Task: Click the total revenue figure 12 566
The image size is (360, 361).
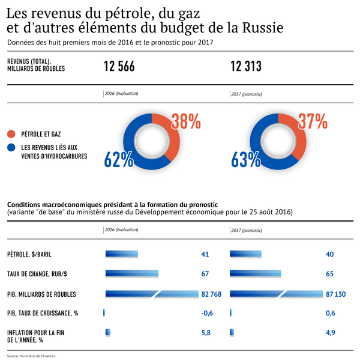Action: [x=119, y=67]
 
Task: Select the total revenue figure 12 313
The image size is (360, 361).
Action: [x=246, y=67]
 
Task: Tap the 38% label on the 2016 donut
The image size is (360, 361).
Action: [x=186, y=122]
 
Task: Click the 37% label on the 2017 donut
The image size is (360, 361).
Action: [x=313, y=122]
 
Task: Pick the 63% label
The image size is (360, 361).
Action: [x=245, y=159]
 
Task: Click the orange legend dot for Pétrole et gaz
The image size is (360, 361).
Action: [x=11, y=133]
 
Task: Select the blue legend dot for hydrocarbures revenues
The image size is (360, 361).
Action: [x=11, y=147]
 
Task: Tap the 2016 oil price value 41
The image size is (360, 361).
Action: [x=205, y=255]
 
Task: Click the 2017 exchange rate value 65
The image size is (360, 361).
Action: [x=329, y=274]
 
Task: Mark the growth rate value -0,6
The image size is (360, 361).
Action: [x=207, y=313]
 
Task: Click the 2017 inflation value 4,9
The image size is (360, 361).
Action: [x=331, y=332]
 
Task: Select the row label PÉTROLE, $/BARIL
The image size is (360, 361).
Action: [x=33, y=255]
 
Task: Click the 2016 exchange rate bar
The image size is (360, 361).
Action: [x=131, y=274]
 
